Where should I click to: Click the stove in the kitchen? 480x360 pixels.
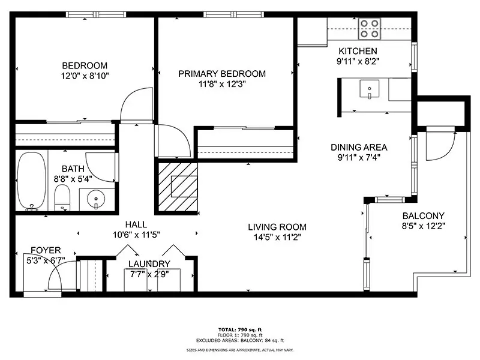tap(370, 29)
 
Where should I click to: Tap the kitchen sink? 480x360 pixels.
tap(370, 89)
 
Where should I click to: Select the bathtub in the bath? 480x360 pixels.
tap(32, 181)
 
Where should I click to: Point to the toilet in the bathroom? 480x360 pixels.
tap(62, 197)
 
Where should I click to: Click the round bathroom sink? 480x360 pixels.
tap(96, 199)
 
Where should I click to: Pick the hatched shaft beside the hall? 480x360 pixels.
tap(178, 187)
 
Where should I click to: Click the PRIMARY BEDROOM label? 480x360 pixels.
tap(222, 74)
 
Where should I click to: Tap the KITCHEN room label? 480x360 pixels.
tap(358, 51)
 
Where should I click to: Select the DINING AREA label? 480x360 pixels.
tap(359, 147)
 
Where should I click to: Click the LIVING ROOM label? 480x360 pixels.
tap(277, 227)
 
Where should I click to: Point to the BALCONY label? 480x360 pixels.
tap(424, 216)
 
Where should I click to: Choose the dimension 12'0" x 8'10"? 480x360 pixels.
tap(85, 76)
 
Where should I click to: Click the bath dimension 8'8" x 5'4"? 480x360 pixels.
tap(73, 179)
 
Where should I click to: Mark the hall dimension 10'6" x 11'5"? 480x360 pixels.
tap(136, 235)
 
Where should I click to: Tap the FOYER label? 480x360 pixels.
tap(46, 250)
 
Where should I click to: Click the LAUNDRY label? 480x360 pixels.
tap(149, 263)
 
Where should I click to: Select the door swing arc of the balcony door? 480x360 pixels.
tap(448, 152)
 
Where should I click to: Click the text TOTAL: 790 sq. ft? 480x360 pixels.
tap(240, 329)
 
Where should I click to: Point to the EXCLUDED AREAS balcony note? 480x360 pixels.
tap(240, 340)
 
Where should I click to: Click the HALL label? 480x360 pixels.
tap(136, 224)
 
